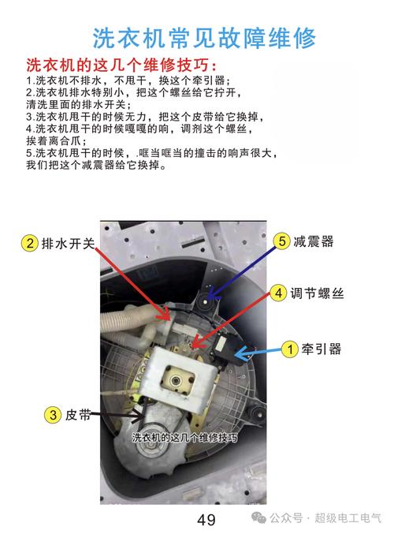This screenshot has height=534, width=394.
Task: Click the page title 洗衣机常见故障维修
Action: (204, 37)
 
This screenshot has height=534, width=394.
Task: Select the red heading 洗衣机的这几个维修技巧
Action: (121, 64)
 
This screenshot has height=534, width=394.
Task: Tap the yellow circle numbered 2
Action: (29, 244)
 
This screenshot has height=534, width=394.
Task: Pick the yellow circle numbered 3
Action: (52, 413)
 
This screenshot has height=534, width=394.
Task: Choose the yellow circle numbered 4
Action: (278, 293)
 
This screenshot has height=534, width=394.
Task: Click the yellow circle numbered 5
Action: (281, 241)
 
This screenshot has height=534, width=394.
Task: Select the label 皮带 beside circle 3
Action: (80, 413)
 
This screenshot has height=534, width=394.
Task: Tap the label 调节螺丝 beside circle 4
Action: (319, 293)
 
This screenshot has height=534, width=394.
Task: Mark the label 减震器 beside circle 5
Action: (314, 241)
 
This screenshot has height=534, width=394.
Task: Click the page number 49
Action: (206, 519)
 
